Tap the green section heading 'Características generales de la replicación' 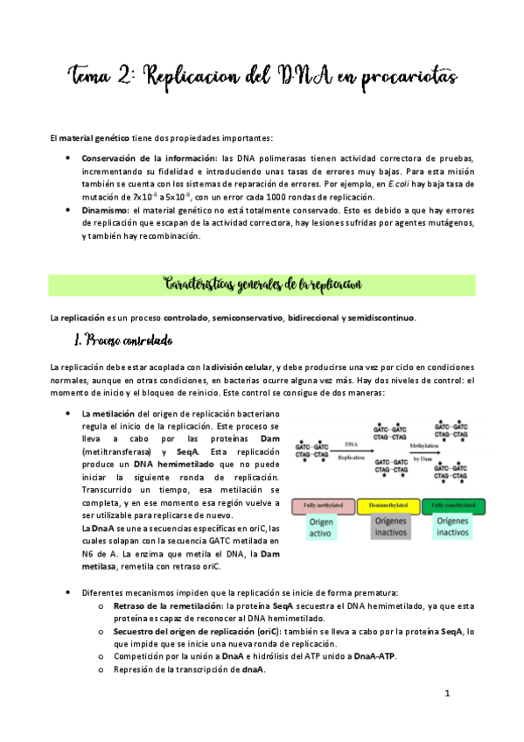coord(262,284)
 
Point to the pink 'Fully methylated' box coord(320,507)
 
